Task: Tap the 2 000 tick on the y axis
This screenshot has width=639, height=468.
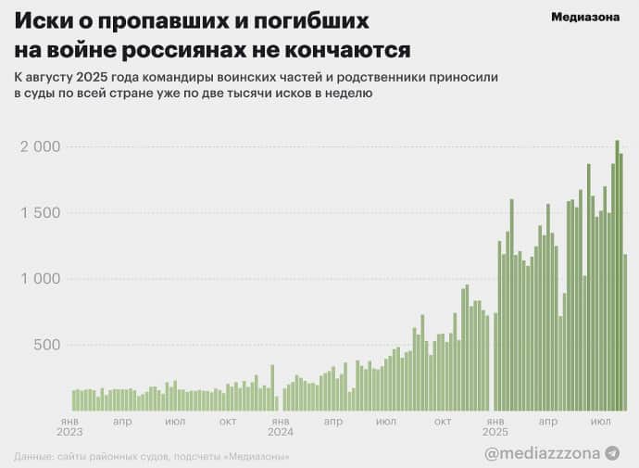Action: pos(40,147)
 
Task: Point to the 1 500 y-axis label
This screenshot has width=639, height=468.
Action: pos(40,213)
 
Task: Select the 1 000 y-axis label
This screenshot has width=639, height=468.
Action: pos(40,279)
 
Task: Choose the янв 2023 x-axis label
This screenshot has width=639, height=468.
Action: pos(69,426)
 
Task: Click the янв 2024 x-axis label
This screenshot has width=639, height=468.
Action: pos(280,426)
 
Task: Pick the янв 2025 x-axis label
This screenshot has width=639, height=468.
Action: pos(495,426)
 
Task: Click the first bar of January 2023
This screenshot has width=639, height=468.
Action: pos(74,399)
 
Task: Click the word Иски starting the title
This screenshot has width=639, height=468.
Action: pos(39,20)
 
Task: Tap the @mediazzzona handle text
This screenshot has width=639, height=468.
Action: pos(543,452)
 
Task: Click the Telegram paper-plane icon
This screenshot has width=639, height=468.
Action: pos(612,452)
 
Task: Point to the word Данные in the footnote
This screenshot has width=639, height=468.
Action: pos(33,457)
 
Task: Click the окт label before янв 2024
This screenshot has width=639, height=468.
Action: pos(228,422)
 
